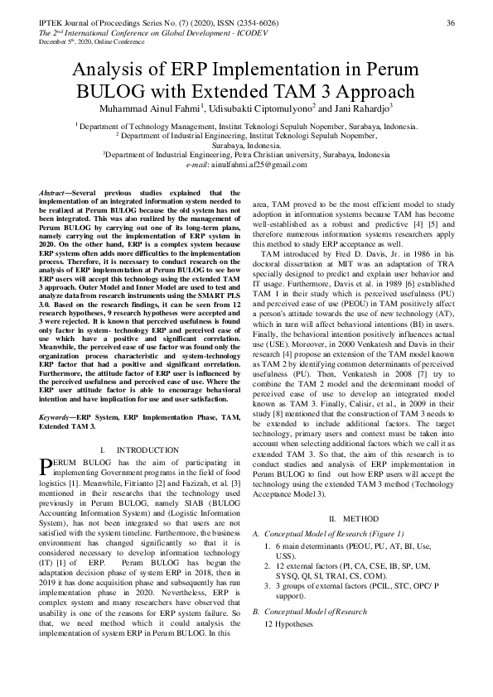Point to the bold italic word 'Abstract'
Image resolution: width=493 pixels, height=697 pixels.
52,193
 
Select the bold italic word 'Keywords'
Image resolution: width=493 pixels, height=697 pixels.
55,420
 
